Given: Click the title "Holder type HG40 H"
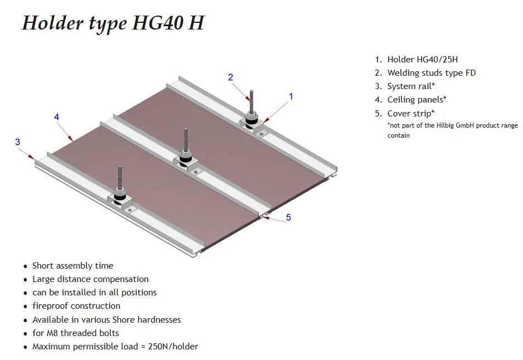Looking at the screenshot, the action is coord(113,23).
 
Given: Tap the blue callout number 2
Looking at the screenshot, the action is coord(230,77).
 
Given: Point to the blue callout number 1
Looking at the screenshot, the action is coord(291,96).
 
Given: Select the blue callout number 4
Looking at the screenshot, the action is coord(56,117).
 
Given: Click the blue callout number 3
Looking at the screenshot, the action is coord(18,142).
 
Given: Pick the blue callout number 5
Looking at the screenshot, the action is coord(288,217).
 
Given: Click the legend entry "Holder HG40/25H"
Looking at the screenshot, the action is coord(422,60).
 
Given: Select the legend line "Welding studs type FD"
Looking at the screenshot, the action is coord(431,73).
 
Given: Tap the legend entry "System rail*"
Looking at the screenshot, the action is coord(411,86).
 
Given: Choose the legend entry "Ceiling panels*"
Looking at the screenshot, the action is coord(417,100).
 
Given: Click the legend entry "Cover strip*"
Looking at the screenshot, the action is coord(410,113).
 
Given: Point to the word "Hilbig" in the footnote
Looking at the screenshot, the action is coord(445,125).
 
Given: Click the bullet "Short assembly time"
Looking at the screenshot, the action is coord(72,266).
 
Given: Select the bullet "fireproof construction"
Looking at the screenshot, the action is coord(76,306).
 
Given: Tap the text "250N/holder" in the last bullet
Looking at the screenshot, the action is coord(173,347).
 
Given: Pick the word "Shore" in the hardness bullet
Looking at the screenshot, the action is coord(123,320).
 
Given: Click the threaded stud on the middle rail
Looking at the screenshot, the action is coord(186,140).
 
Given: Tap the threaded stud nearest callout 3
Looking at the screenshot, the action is coord(120,178).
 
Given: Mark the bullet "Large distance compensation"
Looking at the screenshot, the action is coord(90,279).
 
